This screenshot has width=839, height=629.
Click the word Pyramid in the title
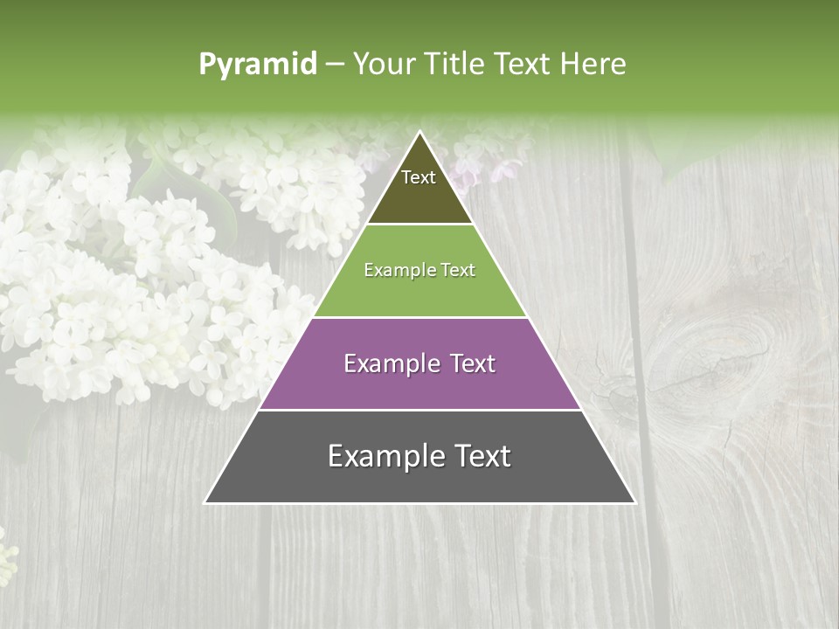pos(258,65)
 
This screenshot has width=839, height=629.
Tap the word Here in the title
pos(593,65)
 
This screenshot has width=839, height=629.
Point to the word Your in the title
pos(385,65)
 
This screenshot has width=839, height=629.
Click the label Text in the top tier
pos(419,177)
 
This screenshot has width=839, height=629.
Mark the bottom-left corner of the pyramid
pos(205,502)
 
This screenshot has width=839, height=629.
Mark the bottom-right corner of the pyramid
pos(634,502)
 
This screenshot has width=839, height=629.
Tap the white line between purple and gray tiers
pos(419,410)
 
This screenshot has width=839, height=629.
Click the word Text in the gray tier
pos(482,456)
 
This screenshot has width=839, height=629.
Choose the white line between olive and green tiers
pos(419,224)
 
